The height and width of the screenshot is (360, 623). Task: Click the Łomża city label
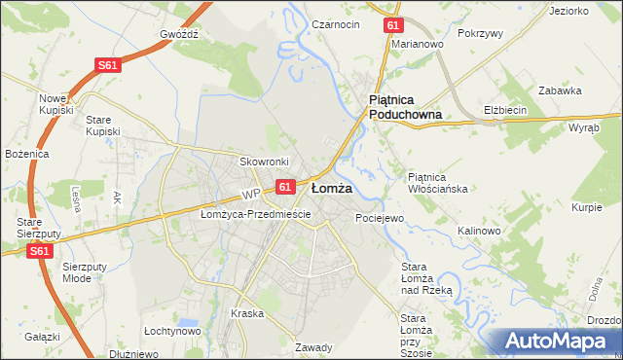(331, 187)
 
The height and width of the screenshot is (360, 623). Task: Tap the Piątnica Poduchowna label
(405, 107)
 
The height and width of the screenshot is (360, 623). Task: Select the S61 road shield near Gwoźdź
(108, 65)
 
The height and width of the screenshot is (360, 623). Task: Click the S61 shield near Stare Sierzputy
(39, 251)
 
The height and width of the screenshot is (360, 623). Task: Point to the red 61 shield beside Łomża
(284, 186)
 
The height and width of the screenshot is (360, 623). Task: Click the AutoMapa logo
(556, 341)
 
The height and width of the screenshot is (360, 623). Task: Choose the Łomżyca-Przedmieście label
(255, 214)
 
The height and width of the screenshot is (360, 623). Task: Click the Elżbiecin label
(505, 110)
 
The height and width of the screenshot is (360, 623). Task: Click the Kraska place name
(247, 313)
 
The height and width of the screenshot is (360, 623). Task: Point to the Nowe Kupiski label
(56, 104)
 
